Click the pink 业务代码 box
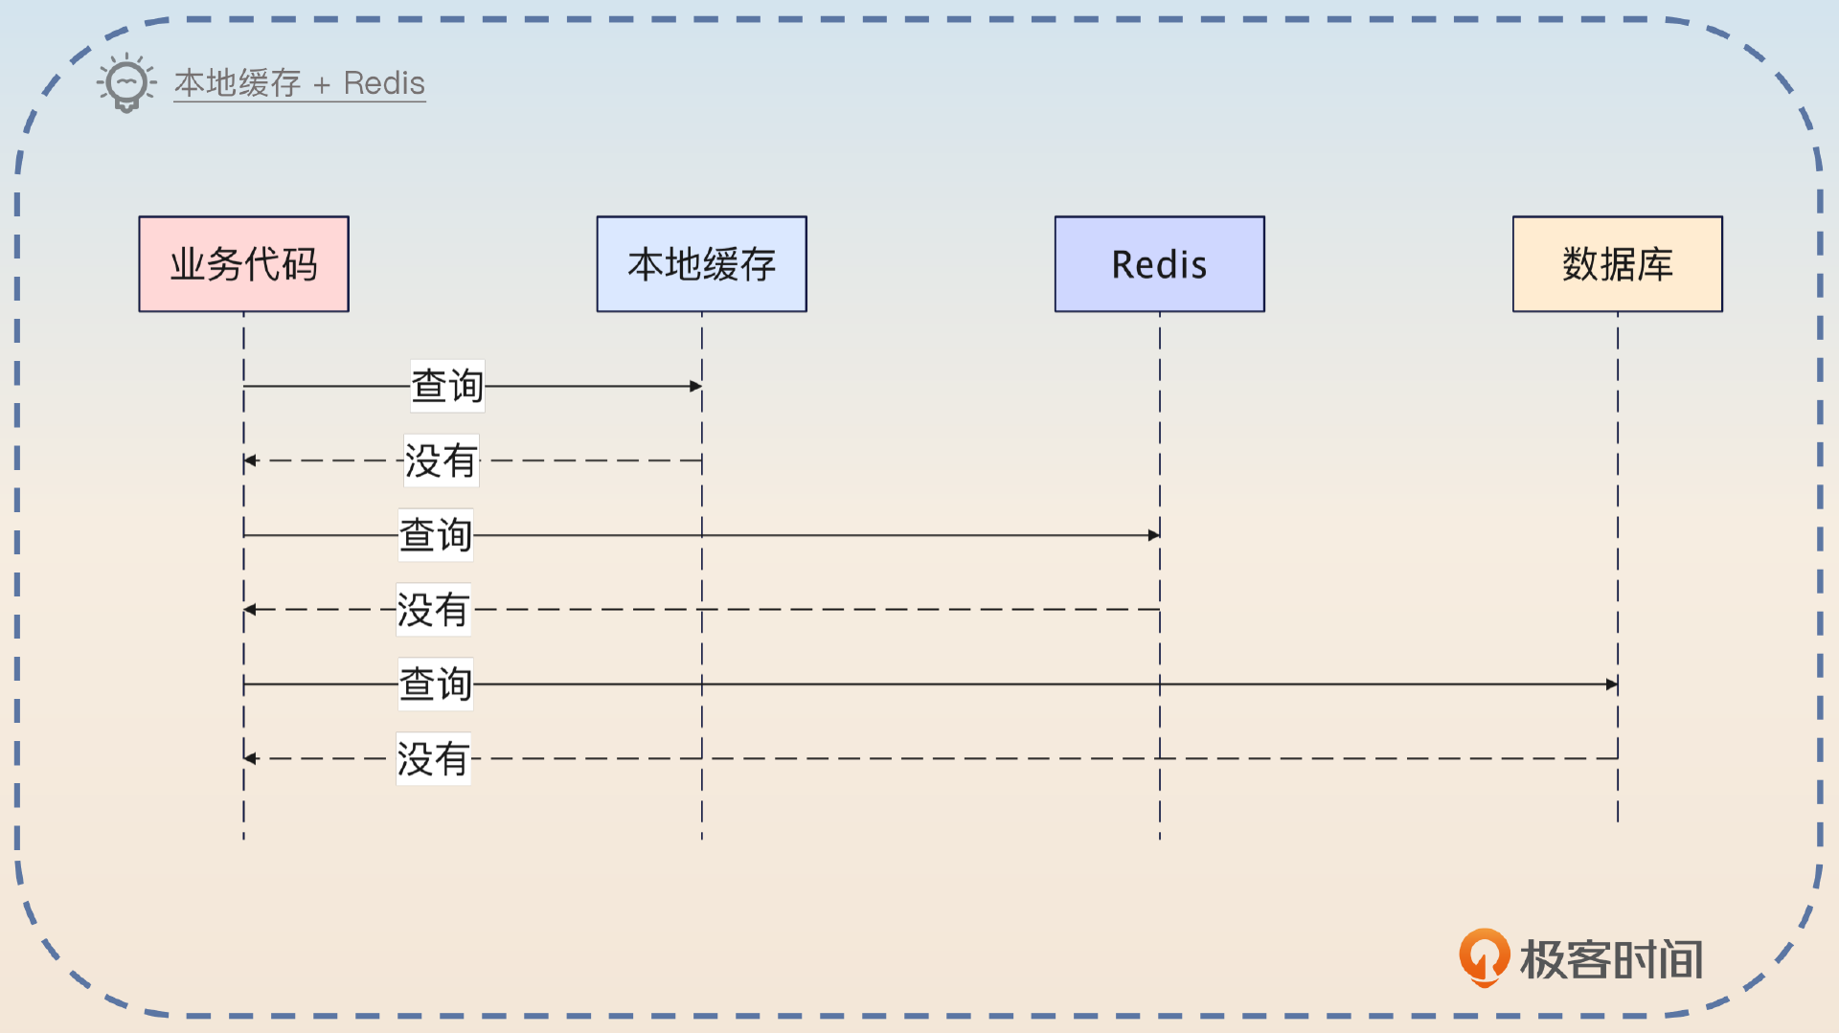(x=243, y=264)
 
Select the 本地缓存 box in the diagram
(x=701, y=264)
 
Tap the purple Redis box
(x=1159, y=264)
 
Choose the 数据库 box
(x=1617, y=264)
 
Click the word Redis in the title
(x=384, y=83)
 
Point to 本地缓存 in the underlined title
(x=238, y=83)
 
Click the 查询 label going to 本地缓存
(x=447, y=386)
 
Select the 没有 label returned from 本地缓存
(x=441, y=460)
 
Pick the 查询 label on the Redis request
(x=436, y=535)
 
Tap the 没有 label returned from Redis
(x=433, y=610)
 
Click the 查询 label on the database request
(x=436, y=685)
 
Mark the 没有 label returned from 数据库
(x=433, y=759)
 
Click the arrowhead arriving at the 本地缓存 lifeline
(x=696, y=386)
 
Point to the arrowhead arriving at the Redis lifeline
(x=1154, y=535)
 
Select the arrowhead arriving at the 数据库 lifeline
(x=1612, y=685)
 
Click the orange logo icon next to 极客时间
(x=1484, y=956)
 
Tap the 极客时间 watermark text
(x=1612, y=959)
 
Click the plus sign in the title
(x=322, y=85)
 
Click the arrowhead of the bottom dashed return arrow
(x=250, y=758)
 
